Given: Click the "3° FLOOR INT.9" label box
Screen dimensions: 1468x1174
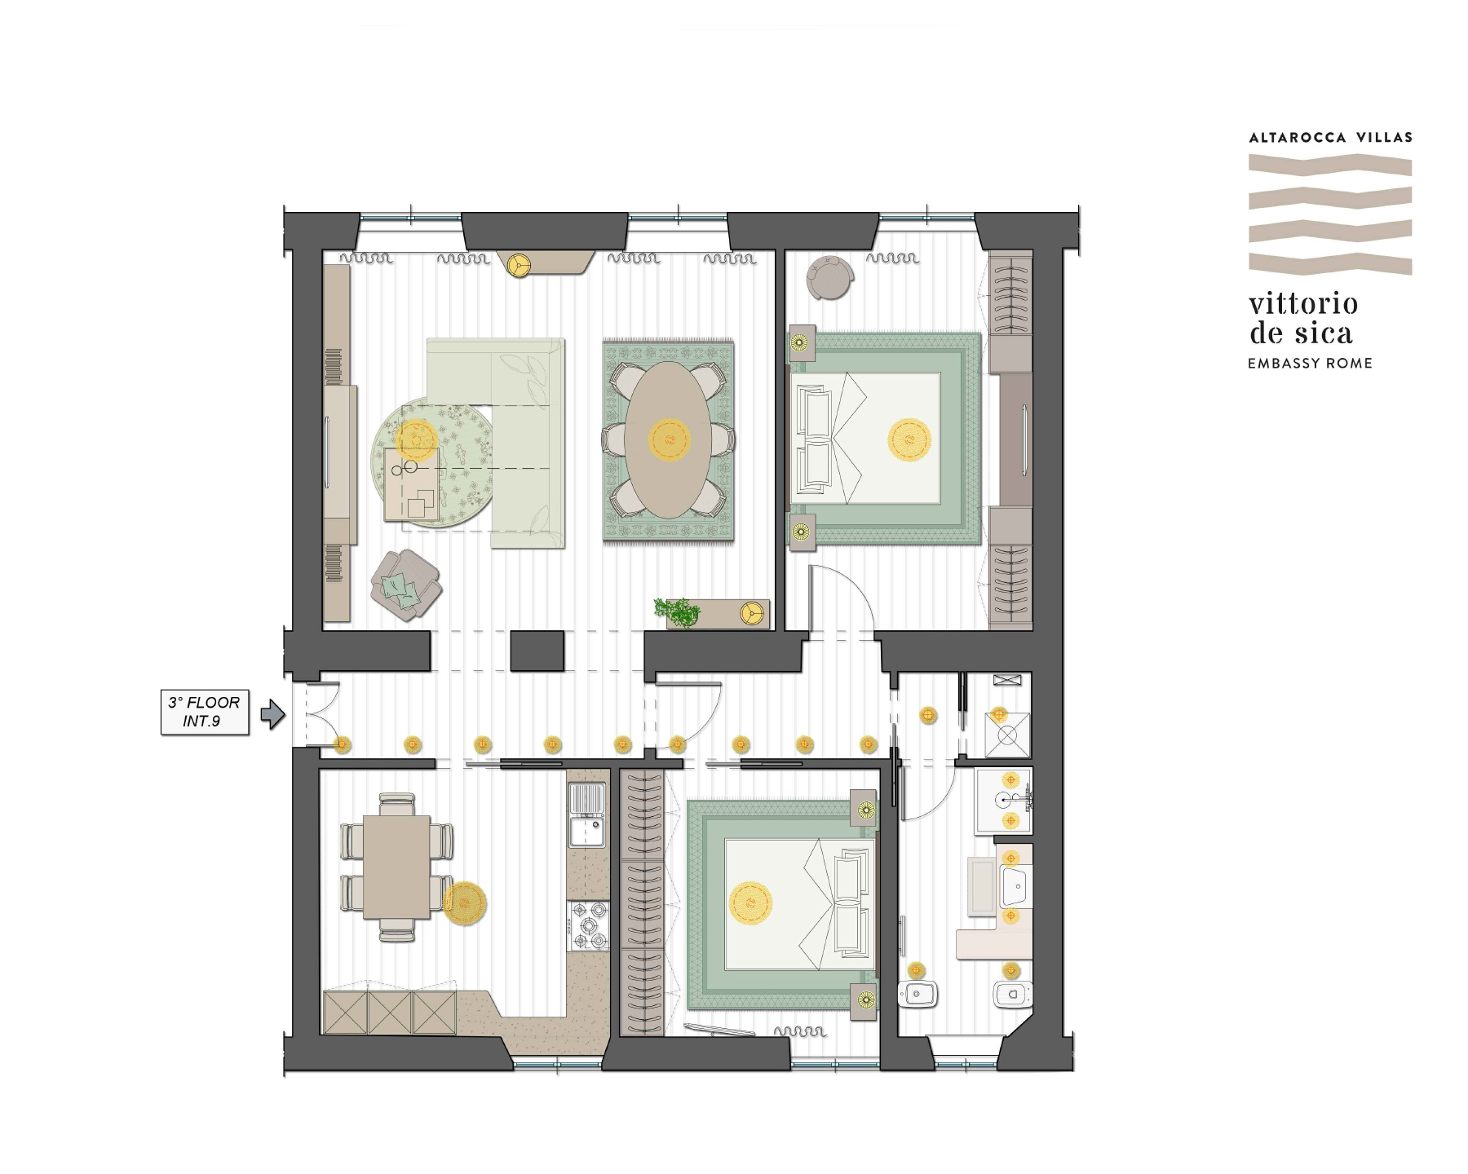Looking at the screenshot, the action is pyautogui.click(x=205, y=712).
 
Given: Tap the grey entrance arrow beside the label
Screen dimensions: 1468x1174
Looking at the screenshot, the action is pyautogui.click(x=272, y=714).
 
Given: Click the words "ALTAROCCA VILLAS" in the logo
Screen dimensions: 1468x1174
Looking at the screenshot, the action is pyautogui.click(x=1330, y=138).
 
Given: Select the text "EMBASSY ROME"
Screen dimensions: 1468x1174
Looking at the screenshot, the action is pyautogui.click(x=1310, y=364).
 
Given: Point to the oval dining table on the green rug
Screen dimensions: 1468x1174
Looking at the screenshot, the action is pyautogui.click(x=669, y=439).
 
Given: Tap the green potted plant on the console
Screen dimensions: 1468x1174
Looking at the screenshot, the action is pyautogui.click(x=677, y=611).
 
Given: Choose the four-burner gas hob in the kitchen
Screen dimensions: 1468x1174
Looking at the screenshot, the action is pyautogui.click(x=588, y=925).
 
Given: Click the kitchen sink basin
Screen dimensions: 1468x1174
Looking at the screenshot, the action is pyautogui.click(x=586, y=832).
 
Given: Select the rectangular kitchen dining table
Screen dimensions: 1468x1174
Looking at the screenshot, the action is pyautogui.click(x=397, y=867).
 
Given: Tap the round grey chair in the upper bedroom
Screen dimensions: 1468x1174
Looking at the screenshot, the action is pyautogui.click(x=830, y=278).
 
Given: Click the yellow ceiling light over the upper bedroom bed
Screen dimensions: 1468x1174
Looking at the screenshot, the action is pyautogui.click(x=909, y=439).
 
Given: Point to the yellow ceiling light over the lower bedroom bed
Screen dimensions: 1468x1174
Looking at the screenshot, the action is pyautogui.click(x=750, y=903).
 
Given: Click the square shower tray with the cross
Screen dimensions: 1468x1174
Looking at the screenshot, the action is pyautogui.click(x=1008, y=735).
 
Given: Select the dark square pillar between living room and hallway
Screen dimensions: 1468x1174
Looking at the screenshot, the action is pyautogui.click(x=537, y=651).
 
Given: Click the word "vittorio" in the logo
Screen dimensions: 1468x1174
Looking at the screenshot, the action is pyautogui.click(x=1303, y=303).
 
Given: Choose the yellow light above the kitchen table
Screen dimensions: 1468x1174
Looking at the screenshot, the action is pyautogui.click(x=465, y=903).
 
